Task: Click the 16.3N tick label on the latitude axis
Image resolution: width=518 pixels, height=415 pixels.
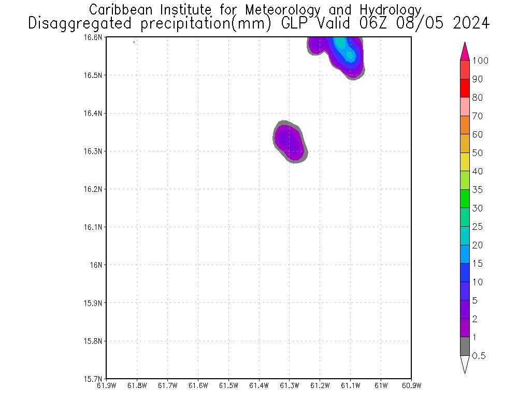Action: point(93,151)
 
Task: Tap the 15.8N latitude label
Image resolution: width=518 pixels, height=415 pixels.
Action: point(93,341)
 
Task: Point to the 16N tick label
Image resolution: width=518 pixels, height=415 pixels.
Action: point(97,265)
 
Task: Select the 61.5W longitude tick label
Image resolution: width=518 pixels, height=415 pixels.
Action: point(228,385)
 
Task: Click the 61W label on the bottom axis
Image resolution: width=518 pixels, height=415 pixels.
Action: point(381,385)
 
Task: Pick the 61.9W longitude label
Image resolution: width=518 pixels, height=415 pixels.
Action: point(106,385)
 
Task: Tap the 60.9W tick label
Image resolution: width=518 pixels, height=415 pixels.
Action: point(411,385)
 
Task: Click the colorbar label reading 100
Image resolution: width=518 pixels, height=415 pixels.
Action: point(480,61)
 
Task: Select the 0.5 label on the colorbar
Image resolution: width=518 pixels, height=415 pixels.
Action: point(479,356)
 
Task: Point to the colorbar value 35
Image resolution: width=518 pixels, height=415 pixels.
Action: point(477,190)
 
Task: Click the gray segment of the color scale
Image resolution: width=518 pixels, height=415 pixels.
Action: point(465,346)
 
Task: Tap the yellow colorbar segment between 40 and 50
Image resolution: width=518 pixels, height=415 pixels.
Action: point(465,162)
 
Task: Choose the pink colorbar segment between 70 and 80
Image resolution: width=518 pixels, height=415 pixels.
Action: point(465,106)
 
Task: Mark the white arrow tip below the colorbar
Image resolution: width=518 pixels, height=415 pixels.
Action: point(465,364)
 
